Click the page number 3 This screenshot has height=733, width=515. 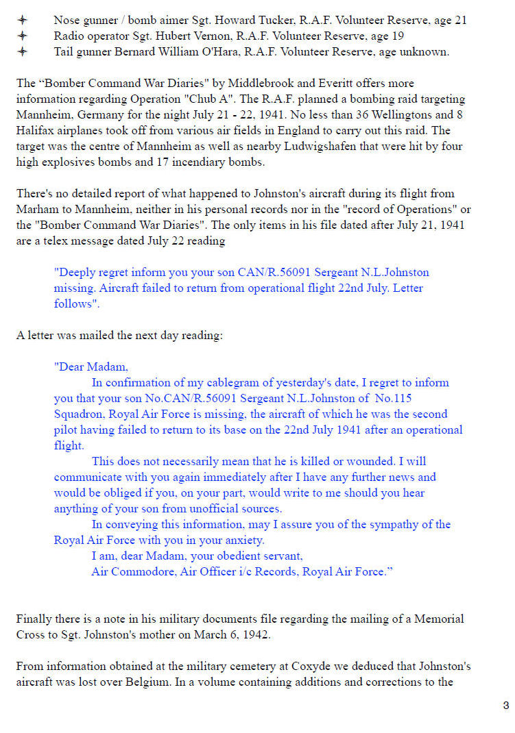[505, 706]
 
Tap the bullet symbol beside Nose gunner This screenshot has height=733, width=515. [23, 20]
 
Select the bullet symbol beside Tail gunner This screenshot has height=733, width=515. [23, 51]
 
